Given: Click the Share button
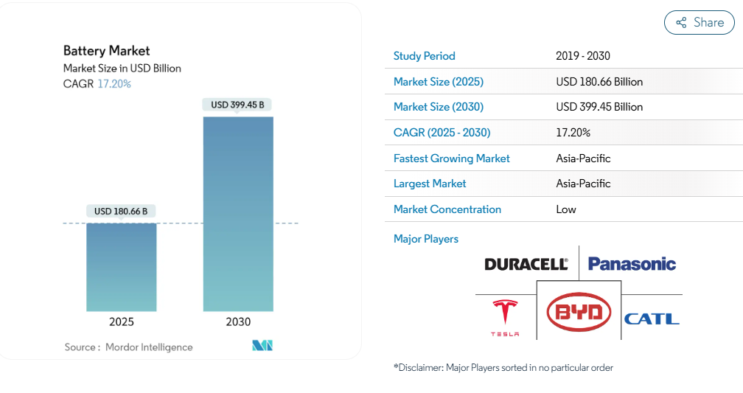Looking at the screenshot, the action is coord(699,22).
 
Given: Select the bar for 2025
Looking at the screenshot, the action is coord(122,267).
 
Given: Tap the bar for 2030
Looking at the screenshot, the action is coord(238,214).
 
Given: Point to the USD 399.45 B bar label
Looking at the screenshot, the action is coord(237,104).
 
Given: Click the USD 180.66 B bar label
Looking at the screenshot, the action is coord(121,211).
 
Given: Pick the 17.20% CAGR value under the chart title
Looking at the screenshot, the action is coord(114,84).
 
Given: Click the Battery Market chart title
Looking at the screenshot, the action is coord(107,51).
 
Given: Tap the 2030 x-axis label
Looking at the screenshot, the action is coord(238,322).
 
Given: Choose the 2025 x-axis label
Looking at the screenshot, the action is coord(122,322).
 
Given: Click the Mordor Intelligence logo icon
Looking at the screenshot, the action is coord(262,345).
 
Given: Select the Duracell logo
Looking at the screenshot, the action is coord(526,264).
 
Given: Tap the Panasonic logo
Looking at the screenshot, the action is coord(632,263).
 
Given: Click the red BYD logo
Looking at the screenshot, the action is coord(579,311).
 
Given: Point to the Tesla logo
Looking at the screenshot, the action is coord(505,318).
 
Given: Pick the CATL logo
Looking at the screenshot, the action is coord(652,319).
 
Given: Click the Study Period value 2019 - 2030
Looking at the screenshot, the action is coord(583,56).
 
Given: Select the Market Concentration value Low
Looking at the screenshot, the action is coord(566,209).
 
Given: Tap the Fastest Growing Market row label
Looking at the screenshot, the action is coord(452,159).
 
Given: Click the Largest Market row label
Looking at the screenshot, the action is coord(430,184).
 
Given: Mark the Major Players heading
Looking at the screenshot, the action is coord(426,239).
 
